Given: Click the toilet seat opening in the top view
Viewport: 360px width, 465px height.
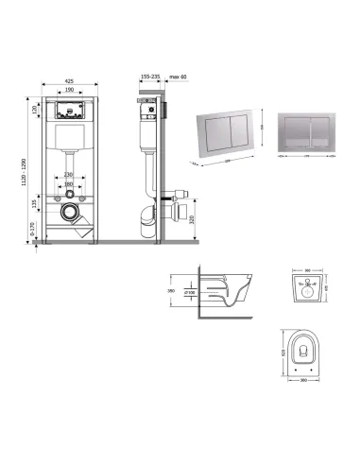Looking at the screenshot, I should (x=304, y=352).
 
